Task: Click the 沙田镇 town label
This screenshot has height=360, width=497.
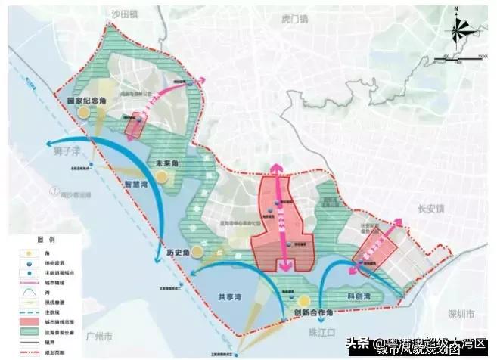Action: (x=126, y=13)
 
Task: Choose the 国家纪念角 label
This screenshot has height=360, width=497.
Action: (x=85, y=100)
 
